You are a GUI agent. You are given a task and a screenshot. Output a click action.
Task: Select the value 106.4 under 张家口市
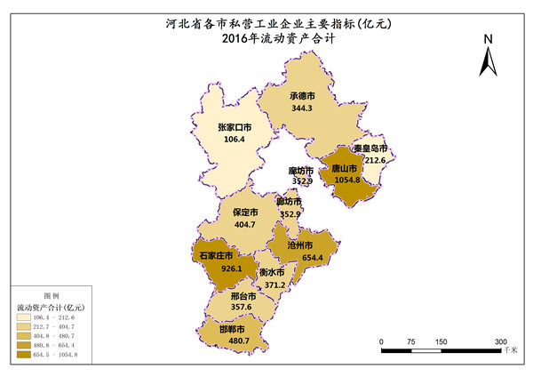click(x=235, y=140)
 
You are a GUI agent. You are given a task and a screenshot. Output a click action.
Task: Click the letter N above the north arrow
click(x=488, y=39)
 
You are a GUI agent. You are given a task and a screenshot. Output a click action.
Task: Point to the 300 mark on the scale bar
click(x=501, y=341)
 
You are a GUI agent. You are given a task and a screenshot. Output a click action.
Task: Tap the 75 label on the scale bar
click(x=411, y=341)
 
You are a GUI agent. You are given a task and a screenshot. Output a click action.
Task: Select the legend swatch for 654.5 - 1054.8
click(x=22, y=354)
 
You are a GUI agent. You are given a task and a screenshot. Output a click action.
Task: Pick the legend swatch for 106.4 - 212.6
click(x=22, y=317)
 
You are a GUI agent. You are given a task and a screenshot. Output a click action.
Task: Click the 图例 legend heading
click(x=52, y=295)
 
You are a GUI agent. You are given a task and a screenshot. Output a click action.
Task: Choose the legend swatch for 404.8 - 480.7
click(x=22, y=335)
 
